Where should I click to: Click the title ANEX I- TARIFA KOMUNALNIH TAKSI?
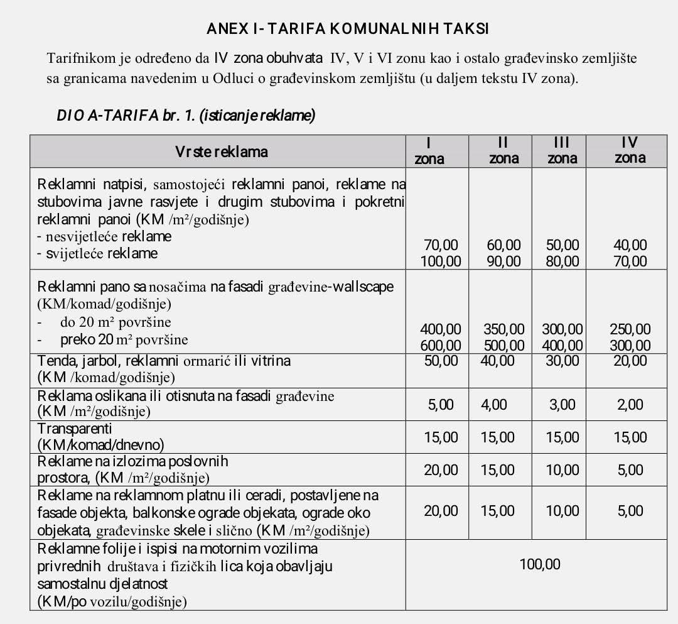click(x=347, y=29)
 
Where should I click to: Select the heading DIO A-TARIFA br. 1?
click(x=186, y=116)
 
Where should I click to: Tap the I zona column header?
click(x=429, y=151)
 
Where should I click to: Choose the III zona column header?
click(x=562, y=151)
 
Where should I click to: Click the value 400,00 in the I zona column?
click(x=440, y=329)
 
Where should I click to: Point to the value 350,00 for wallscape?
click(x=504, y=329)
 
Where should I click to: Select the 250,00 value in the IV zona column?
click(x=630, y=329)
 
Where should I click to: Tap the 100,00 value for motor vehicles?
click(x=540, y=564)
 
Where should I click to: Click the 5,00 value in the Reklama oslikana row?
click(x=441, y=405)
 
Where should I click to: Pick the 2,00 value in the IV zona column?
click(x=630, y=405)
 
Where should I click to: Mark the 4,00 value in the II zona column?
click(x=494, y=405)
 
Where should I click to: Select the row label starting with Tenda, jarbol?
click(x=164, y=361)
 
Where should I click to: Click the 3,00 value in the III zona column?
click(x=562, y=405)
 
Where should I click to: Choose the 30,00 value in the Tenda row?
click(x=562, y=361)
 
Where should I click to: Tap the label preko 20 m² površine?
click(x=124, y=340)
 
